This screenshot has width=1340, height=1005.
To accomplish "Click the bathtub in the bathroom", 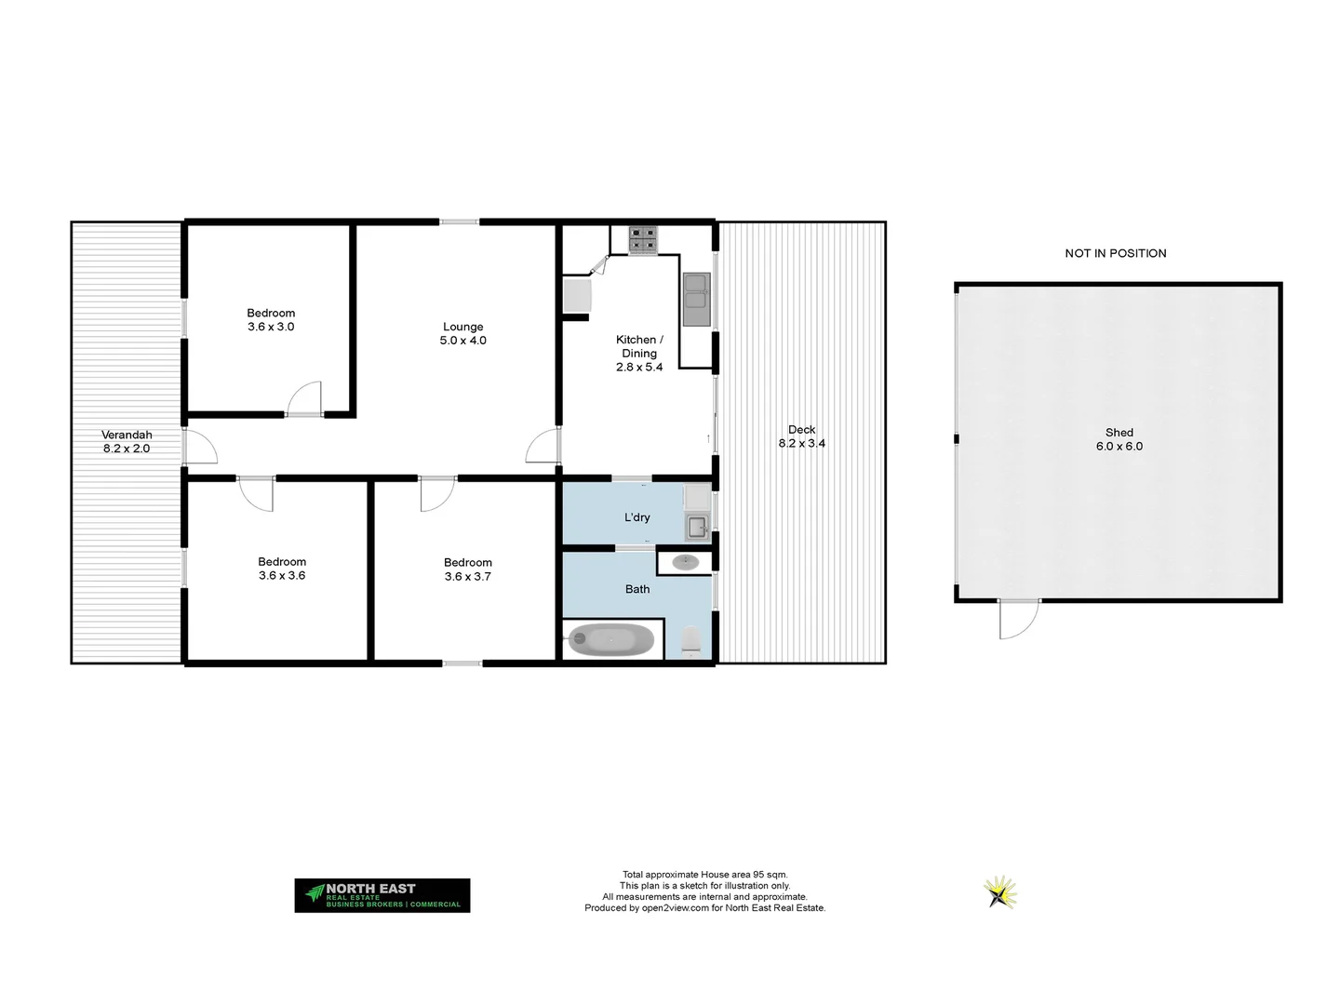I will [611, 640].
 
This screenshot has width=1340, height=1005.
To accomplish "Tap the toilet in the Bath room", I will [690, 641].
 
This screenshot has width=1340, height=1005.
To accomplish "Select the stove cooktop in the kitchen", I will [641, 240].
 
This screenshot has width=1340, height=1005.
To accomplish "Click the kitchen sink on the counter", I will [696, 299].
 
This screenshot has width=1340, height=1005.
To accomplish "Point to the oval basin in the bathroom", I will [686, 561].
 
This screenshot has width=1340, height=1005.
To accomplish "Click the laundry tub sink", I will [697, 527].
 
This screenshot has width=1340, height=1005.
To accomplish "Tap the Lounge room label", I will [462, 327].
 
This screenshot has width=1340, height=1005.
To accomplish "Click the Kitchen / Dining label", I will [639, 346].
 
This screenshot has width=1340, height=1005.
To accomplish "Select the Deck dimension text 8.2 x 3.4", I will [801, 444].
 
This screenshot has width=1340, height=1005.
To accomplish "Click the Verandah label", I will [127, 435].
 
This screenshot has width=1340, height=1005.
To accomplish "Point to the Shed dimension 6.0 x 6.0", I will [1119, 447].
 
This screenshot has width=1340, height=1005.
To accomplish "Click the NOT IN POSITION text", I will [1115, 253].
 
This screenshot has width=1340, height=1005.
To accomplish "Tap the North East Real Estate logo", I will [382, 895].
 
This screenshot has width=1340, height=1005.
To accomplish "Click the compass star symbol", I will [1000, 892].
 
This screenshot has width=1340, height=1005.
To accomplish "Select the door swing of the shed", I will [1017, 619].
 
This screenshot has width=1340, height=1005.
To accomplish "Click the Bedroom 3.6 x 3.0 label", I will [271, 319].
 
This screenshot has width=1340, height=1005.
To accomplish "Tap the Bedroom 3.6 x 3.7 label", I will [467, 569].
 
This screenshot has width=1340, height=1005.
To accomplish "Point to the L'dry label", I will [637, 517].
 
